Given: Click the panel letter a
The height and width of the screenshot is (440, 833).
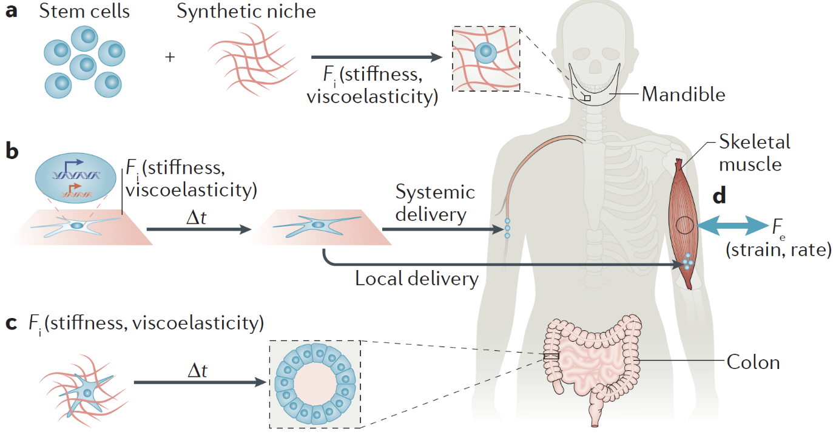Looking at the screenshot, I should click(x=10, y=11).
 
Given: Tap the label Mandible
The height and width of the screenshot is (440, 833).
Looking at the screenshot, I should click(x=683, y=95).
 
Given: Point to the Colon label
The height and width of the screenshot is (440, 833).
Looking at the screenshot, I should click(x=753, y=362).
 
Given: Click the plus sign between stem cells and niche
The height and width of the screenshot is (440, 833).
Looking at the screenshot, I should click(x=170, y=57).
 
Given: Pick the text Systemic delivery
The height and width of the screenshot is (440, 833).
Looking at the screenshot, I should click(x=435, y=203).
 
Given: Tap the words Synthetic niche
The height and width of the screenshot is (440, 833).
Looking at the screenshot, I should click(x=246, y=11).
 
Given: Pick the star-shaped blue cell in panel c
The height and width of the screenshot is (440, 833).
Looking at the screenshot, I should click(x=87, y=393).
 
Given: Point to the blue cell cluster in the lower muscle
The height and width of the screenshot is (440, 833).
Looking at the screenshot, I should click(x=687, y=262).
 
